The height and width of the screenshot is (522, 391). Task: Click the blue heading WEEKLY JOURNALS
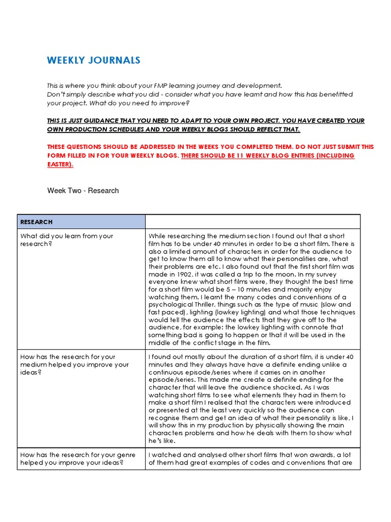94,61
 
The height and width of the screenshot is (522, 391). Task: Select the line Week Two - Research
83,191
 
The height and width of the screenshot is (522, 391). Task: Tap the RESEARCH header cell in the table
81,222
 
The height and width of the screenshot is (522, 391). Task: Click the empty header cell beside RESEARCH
253,222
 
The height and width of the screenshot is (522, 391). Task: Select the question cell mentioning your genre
81,459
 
